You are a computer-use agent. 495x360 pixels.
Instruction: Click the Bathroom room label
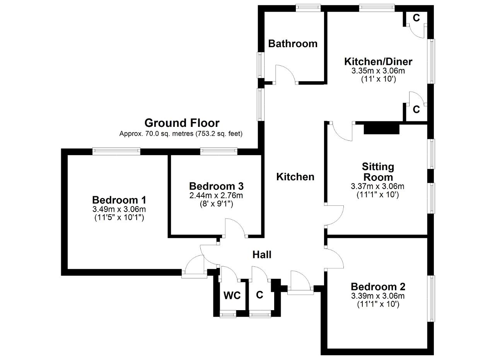click(x=293, y=44)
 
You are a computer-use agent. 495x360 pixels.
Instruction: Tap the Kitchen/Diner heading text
click(x=378, y=61)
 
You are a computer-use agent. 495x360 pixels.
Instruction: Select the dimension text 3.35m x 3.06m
click(x=378, y=71)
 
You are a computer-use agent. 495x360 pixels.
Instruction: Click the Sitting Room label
click(x=378, y=172)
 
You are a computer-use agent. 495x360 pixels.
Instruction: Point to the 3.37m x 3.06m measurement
click(x=378, y=186)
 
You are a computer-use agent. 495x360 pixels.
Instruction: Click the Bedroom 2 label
click(x=378, y=287)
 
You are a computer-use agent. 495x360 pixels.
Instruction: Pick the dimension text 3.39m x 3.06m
click(x=378, y=296)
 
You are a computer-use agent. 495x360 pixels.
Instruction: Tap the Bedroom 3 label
click(x=216, y=186)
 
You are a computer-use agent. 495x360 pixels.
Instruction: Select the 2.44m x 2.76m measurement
click(x=216, y=195)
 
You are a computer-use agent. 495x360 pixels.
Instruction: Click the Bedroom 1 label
click(x=119, y=200)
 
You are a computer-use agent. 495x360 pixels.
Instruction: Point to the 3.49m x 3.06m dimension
click(x=119, y=209)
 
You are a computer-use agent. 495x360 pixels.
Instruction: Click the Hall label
click(x=262, y=255)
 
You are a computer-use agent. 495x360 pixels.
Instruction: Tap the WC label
click(x=232, y=295)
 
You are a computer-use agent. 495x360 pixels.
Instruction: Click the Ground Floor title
click(x=182, y=123)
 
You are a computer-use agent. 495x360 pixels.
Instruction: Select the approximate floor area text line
click(x=181, y=134)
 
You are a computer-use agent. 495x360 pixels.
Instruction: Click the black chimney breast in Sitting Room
click(x=381, y=129)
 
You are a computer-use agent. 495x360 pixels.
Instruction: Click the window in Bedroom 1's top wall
click(x=116, y=151)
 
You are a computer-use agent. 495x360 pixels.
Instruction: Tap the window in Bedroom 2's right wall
click(x=431, y=299)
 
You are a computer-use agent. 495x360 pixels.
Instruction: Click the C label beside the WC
click(x=259, y=295)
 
